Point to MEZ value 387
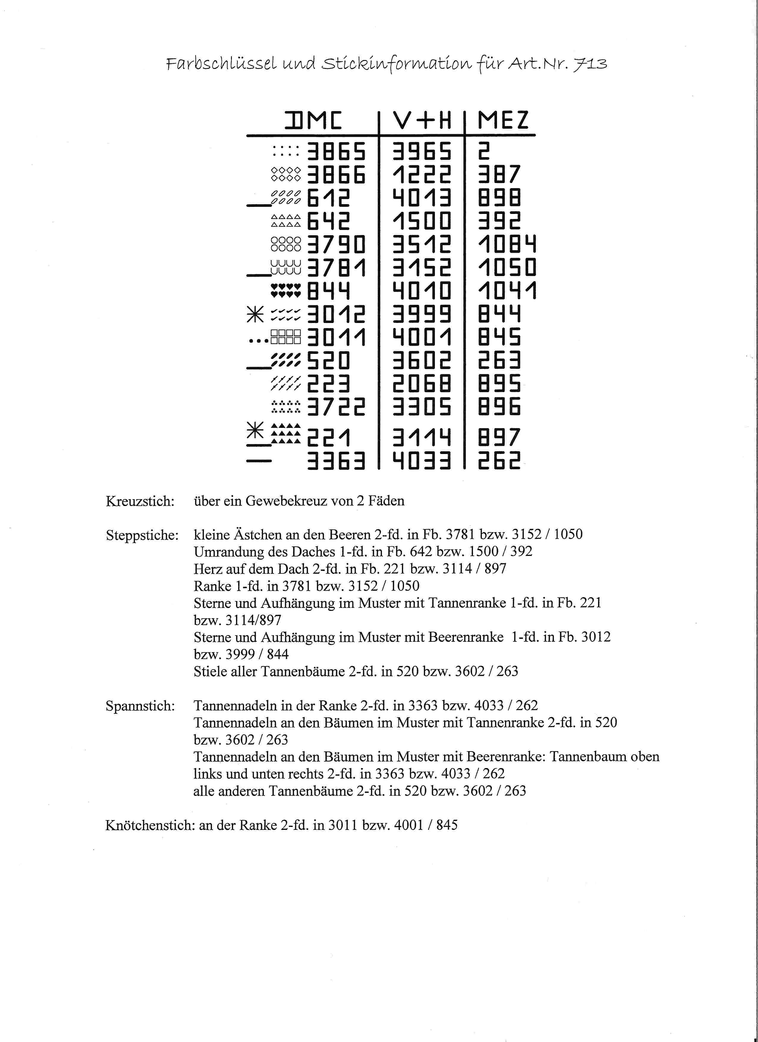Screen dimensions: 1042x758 coord(499,175)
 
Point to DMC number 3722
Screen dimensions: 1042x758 coord(336,407)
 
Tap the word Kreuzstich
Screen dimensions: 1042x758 coord(140,501)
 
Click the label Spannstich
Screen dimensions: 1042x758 coord(140,706)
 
